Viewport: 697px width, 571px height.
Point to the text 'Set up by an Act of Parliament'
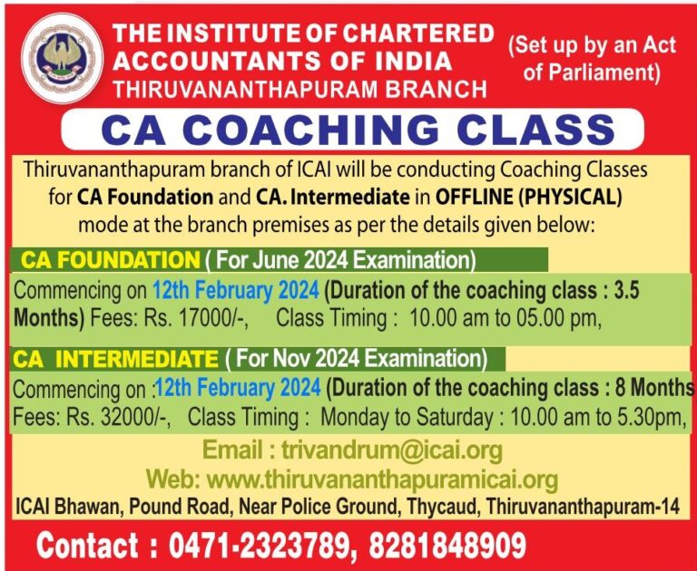click(591, 58)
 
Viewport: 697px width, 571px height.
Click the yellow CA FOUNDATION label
click(110, 260)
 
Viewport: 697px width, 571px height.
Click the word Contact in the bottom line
click(87, 547)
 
